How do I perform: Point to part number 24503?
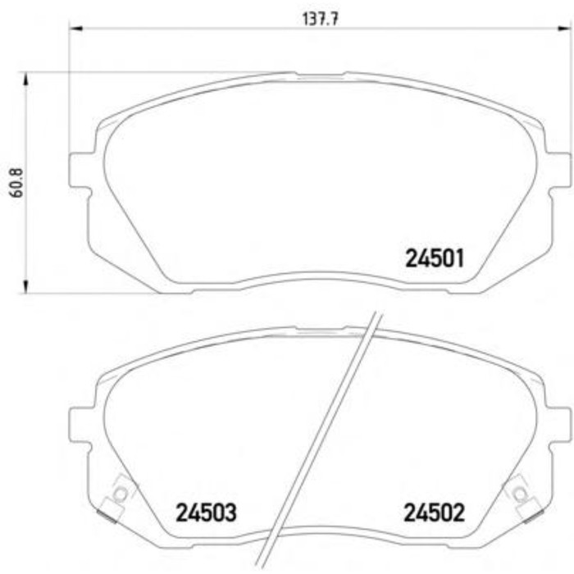(x=207, y=514)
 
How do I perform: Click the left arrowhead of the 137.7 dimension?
(x=76, y=30)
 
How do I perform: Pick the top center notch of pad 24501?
(x=320, y=75)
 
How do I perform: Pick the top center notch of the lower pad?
(x=320, y=330)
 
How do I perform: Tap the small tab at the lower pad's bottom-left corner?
(x=106, y=516)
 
